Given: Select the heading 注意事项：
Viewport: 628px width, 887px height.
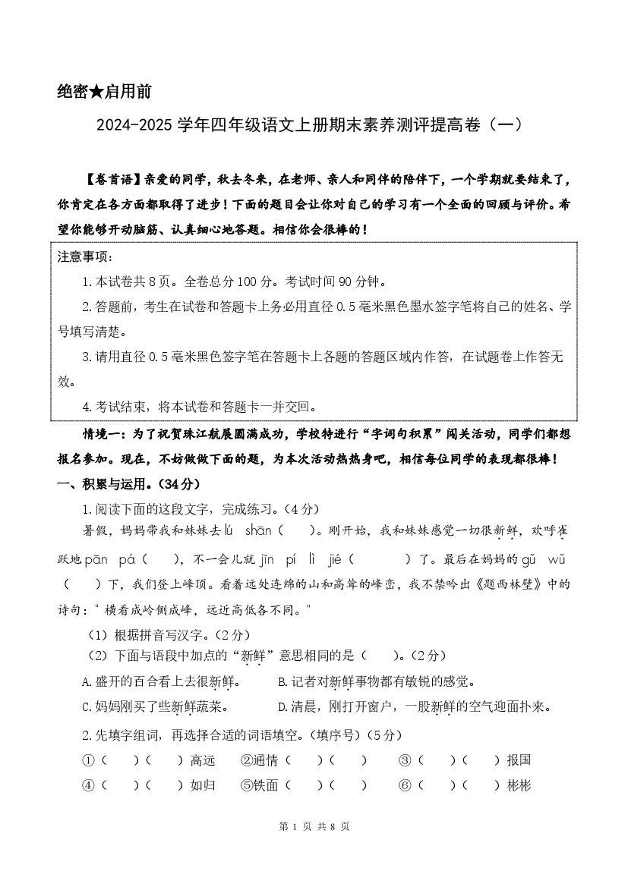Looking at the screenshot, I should (84, 257).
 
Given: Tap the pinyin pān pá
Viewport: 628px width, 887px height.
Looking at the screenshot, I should (109, 560).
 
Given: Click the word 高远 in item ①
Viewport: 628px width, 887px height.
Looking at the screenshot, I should (203, 760).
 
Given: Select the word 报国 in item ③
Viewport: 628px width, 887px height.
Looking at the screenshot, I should (519, 760).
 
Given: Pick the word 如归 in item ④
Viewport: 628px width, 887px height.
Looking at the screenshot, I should (203, 785).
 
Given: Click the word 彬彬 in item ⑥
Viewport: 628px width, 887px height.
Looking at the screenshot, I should (519, 785).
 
